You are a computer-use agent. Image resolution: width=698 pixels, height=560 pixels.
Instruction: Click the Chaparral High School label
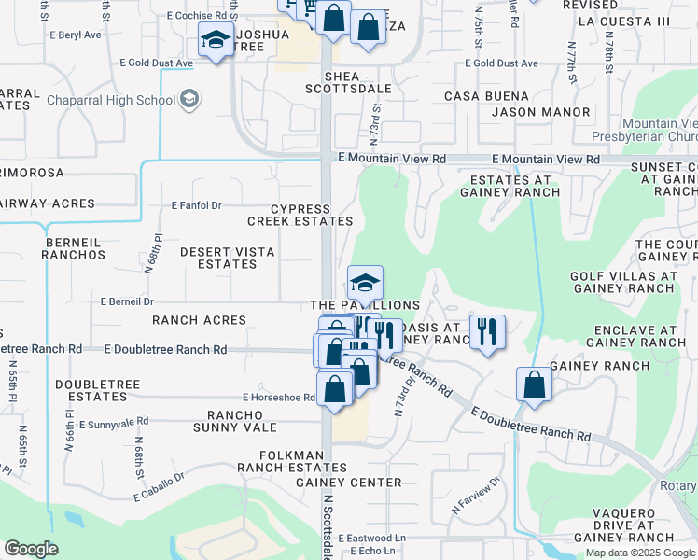coord(110,100)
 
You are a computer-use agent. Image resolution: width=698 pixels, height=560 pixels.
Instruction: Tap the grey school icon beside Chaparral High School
coord(189,99)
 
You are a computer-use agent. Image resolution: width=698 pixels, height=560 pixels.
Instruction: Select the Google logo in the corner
coord(31,549)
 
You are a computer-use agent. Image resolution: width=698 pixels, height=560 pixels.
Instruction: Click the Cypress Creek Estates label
coord(300,215)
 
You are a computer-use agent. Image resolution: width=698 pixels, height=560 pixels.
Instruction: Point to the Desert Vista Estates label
coord(218,258)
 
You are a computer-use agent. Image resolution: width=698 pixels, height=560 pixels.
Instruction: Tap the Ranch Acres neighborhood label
coord(200,320)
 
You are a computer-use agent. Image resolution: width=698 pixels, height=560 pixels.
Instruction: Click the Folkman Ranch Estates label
coord(280,461)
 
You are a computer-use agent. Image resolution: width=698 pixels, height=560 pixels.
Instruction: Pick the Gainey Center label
coord(348,483)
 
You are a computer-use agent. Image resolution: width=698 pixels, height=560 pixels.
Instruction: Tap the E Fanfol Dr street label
coord(196,205)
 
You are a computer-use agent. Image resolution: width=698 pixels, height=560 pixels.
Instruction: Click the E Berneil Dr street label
coord(127,301)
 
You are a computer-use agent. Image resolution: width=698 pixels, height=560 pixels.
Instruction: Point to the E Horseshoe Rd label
coord(279,398)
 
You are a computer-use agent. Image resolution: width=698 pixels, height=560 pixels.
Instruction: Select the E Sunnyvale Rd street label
coord(114,423)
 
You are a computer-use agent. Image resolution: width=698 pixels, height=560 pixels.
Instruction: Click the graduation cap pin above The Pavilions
coord(366,281)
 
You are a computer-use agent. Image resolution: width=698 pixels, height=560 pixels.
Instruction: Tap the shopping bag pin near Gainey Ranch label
coord(534,385)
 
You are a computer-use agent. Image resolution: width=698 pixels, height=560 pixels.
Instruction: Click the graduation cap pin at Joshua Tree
coord(216,41)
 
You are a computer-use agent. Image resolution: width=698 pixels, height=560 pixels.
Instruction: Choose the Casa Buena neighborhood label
coord(486,96)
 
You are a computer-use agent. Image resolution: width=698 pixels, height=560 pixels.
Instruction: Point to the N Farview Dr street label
coord(476,495)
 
